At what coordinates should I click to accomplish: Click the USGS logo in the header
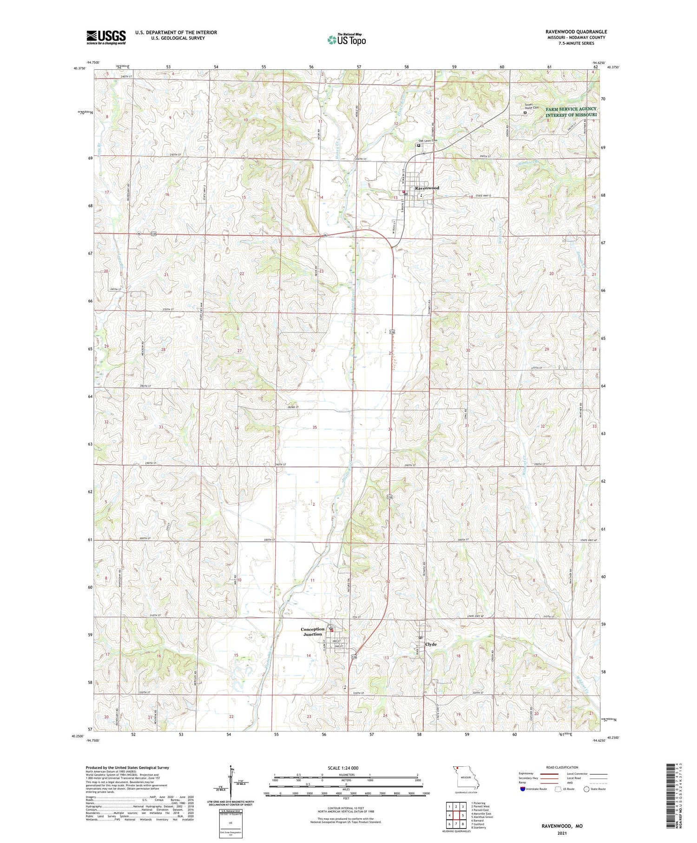(x=106, y=37)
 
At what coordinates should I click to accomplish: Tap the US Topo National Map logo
(x=346, y=40)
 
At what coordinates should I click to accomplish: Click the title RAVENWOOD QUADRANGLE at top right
(x=576, y=32)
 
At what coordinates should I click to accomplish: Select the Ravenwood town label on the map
(x=427, y=188)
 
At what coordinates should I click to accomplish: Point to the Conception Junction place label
(x=312, y=631)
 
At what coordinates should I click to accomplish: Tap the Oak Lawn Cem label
(x=428, y=140)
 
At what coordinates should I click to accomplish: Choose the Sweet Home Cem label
(x=531, y=106)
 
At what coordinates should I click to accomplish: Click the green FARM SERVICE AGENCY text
(x=571, y=109)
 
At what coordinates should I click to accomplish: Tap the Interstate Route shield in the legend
(x=522, y=789)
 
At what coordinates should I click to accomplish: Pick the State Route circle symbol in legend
(x=586, y=789)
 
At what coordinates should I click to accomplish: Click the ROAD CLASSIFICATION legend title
(x=562, y=767)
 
